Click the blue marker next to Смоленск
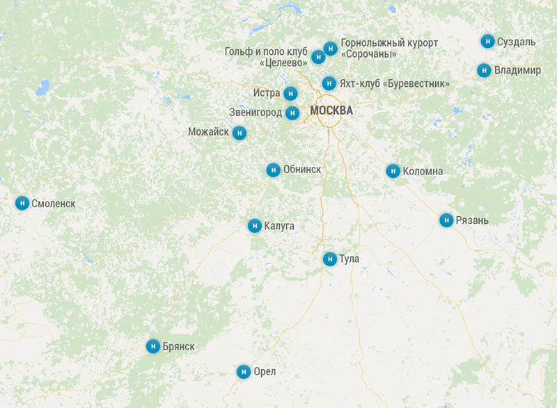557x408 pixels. click(x=22, y=203)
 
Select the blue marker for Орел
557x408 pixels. click(x=243, y=372)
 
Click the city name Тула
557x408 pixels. click(x=349, y=259)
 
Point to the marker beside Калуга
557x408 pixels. click(x=255, y=225)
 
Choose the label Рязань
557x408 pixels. click(x=473, y=220)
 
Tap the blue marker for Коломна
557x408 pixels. click(x=393, y=171)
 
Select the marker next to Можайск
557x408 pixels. click(x=240, y=132)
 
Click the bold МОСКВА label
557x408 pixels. click(x=331, y=111)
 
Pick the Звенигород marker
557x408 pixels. click(x=293, y=113)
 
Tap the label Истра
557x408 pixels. click(x=266, y=93)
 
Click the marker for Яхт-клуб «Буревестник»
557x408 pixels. click(x=329, y=83)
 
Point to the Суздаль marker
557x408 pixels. click(x=487, y=41)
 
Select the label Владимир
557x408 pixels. click(x=517, y=70)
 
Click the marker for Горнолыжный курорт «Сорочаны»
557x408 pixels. click(x=330, y=49)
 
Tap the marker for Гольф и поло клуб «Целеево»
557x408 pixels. click(x=318, y=57)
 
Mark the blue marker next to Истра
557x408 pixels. click(x=290, y=93)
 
